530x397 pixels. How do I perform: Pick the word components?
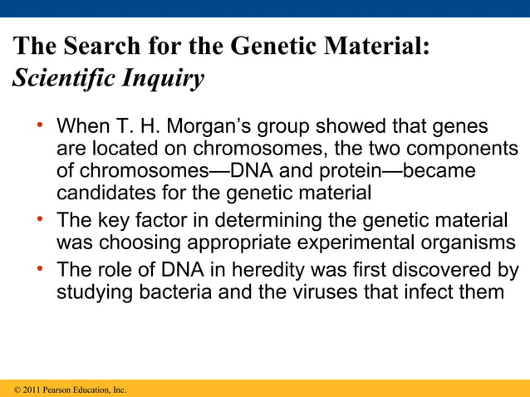[x=454, y=150]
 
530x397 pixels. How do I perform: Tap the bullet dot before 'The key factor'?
[x=39, y=220]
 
